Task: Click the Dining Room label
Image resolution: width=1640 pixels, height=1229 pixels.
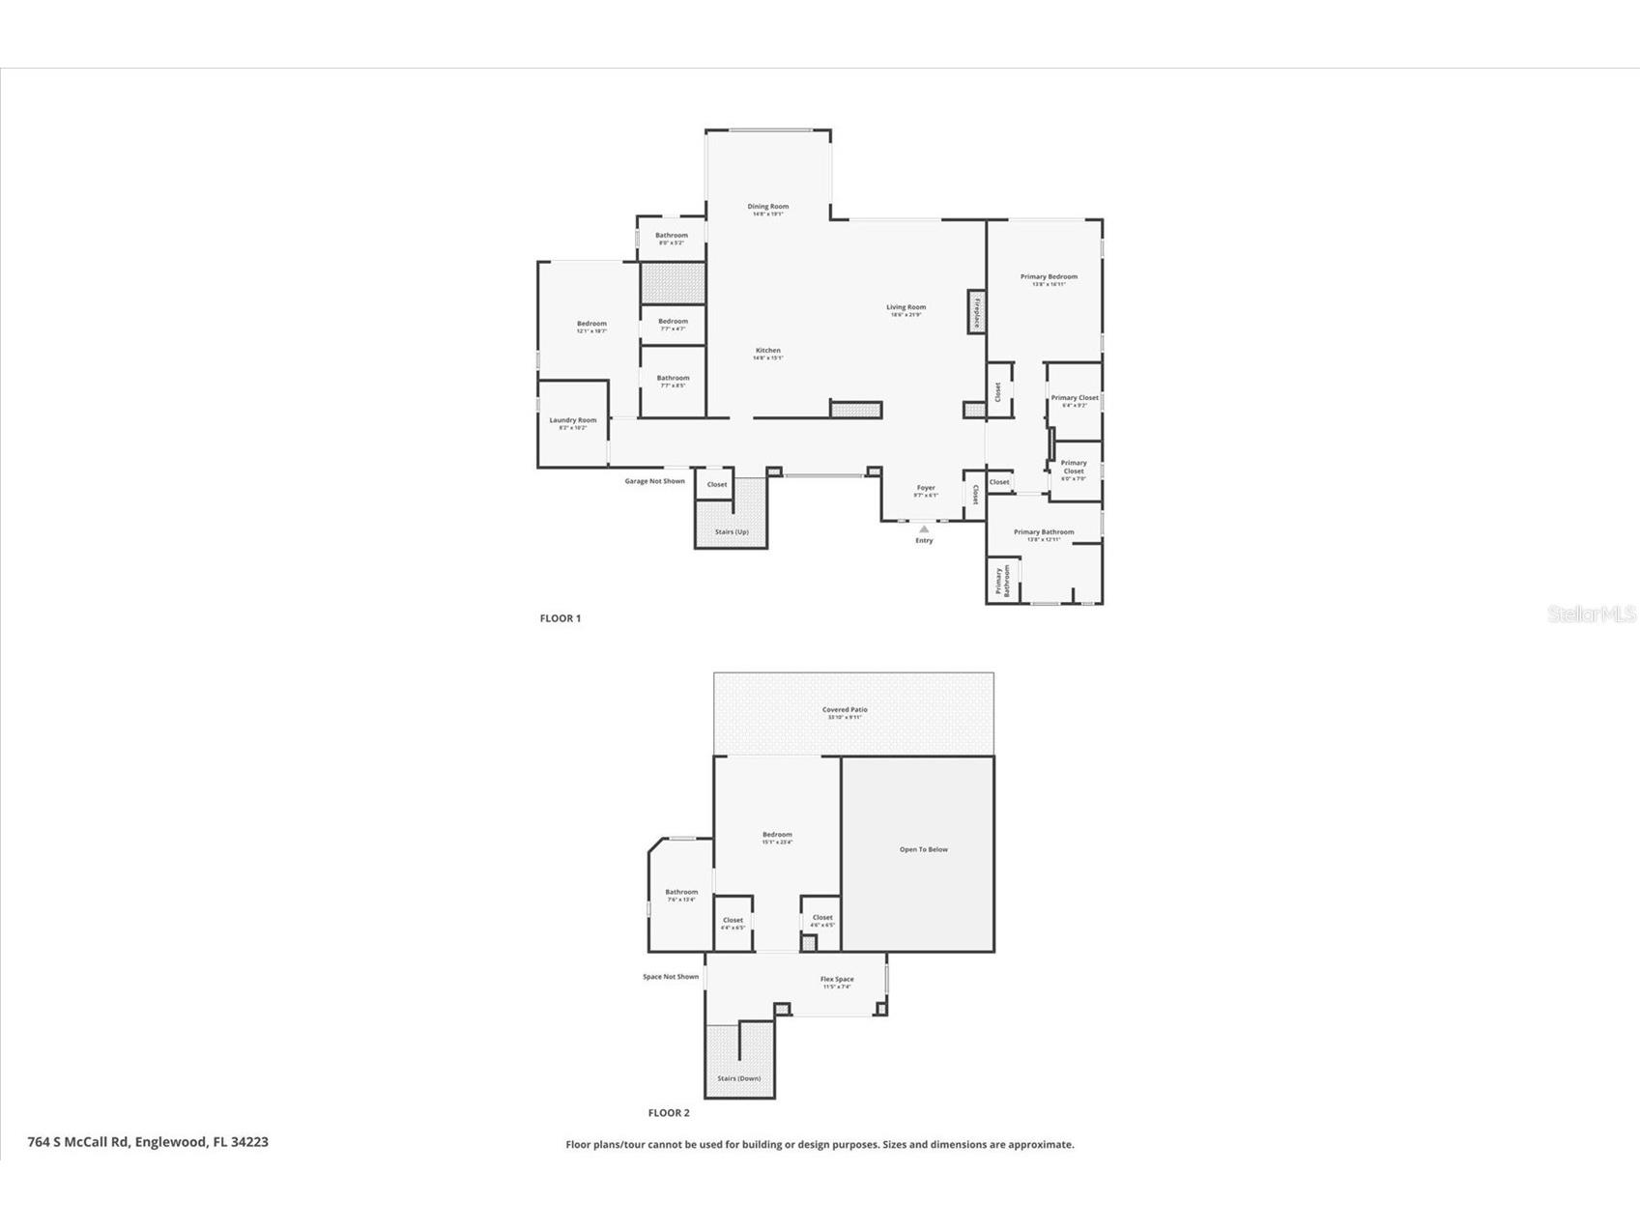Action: (767, 207)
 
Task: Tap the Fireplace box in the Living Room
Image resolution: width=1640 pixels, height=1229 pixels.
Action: (976, 313)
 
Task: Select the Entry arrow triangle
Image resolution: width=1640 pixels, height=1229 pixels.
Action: (924, 529)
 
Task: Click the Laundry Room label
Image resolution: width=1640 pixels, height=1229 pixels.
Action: (572, 420)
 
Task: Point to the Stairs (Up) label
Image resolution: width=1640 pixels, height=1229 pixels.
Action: (732, 532)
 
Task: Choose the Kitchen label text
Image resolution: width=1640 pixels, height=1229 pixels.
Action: (767, 351)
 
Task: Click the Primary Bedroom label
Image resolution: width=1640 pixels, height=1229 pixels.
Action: (1049, 277)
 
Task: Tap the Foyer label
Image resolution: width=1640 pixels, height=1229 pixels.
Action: (926, 489)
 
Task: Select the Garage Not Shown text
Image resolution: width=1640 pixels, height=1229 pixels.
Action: (654, 481)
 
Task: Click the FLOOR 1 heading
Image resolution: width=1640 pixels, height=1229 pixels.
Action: (561, 618)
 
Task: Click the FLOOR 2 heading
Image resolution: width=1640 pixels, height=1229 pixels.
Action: (669, 1113)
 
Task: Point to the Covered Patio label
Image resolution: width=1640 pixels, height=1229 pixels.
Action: (845, 710)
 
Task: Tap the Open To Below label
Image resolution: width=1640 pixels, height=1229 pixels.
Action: (924, 850)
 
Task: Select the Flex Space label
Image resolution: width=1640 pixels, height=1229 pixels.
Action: (837, 980)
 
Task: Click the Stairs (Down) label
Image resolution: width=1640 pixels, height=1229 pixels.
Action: (738, 1078)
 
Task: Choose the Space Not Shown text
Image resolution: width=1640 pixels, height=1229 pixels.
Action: (671, 977)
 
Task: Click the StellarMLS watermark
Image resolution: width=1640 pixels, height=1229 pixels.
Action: (1592, 614)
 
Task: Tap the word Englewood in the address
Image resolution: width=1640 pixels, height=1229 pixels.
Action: (169, 1142)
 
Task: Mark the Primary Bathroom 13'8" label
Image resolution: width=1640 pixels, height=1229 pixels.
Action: (1043, 532)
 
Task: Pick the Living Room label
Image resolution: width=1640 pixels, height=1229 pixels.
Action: (906, 308)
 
